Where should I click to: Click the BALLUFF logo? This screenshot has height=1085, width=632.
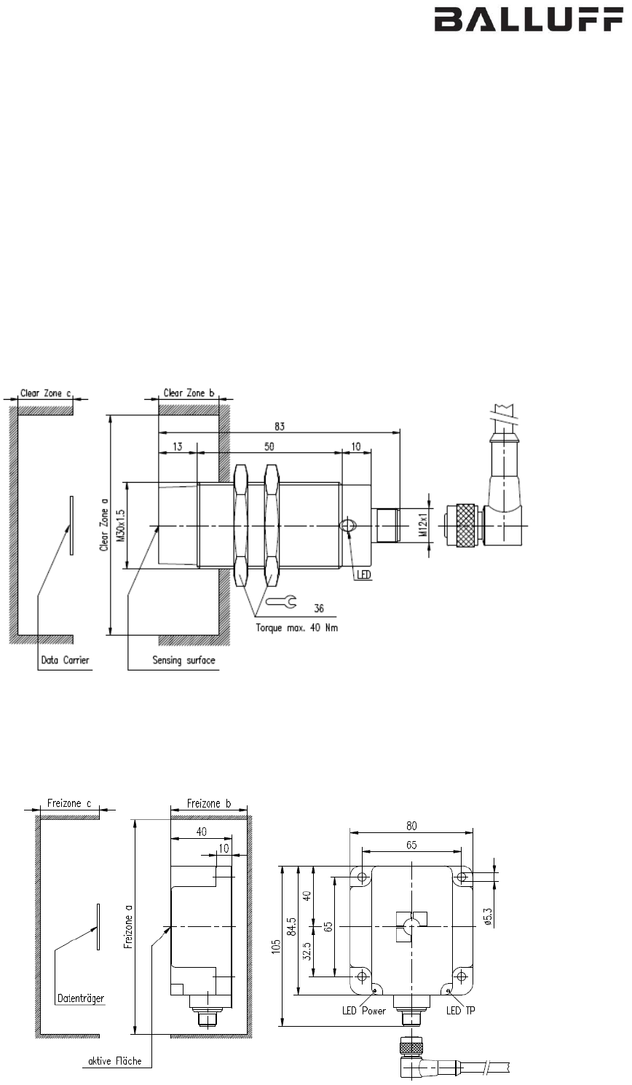[529, 20]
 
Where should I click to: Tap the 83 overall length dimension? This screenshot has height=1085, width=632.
[280, 426]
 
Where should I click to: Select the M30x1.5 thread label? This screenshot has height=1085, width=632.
[121, 525]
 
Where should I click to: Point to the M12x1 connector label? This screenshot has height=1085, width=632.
[423, 525]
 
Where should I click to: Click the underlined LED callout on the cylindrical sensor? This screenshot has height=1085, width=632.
[364, 575]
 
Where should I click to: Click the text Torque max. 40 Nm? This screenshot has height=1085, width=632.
[297, 628]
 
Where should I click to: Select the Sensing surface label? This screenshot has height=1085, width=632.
[183, 660]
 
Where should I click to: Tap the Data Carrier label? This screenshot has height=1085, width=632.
[65, 660]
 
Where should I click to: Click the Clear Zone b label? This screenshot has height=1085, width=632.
[189, 392]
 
